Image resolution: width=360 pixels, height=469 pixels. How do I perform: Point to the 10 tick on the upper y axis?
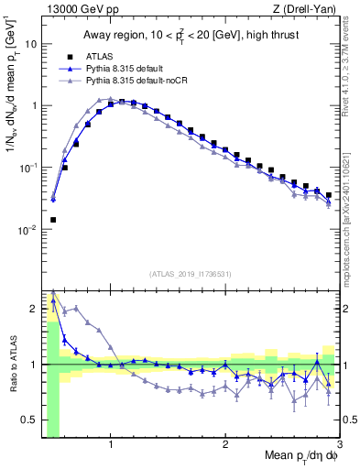(x=30, y=43)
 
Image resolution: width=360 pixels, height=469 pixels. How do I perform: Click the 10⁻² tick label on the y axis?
(x=27, y=230)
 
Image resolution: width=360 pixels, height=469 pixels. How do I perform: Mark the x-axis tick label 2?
(x=225, y=446)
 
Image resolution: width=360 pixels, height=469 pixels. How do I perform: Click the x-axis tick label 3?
(x=338, y=446)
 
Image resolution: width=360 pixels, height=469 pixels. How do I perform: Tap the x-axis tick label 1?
(x=111, y=446)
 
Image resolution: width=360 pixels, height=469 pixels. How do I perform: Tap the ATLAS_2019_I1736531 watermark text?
(x=191, y=273)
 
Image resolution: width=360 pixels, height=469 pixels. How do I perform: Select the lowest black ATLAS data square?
(x=53, y=220)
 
